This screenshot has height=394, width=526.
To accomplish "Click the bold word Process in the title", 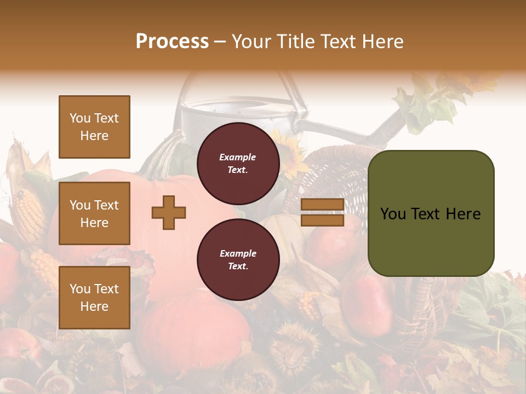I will [x=172, y=42].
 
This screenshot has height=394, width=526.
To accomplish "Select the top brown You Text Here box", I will [x=94, y=127].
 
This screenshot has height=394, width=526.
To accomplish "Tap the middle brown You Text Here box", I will [x=94, y=213].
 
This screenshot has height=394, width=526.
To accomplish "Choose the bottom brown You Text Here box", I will [x=94, y=298].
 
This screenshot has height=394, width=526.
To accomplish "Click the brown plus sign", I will [x=169, y=212].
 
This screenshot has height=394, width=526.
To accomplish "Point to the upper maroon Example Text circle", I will [x=238, y=164].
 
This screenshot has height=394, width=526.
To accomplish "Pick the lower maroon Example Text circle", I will [x=238, y=260].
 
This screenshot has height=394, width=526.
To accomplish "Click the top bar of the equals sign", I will [x=322, y=205].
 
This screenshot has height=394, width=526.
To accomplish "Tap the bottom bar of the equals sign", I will [x=322, y=220].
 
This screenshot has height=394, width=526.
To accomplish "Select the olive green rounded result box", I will [x=431, y=213].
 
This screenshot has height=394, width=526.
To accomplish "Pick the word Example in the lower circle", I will [x=238, y=253].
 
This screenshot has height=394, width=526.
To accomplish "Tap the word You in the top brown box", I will [x=80, y=118].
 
